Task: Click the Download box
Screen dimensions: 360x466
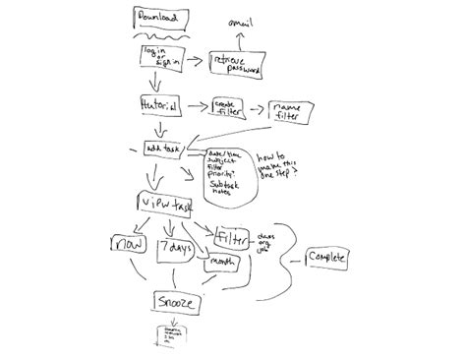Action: pyautogui.click(x=156, y=19)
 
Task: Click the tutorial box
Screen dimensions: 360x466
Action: pyautogui.click(x=160, y=103)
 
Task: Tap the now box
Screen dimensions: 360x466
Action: pyautogui.click(x=128, y=245)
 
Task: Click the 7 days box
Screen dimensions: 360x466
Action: pyautogui.click(x=176, y=250)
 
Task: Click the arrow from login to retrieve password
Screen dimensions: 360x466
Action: pyautogui.click(x=194, y=63)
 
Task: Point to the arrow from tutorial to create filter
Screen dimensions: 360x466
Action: pyautogui.click(x=194, y=105)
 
